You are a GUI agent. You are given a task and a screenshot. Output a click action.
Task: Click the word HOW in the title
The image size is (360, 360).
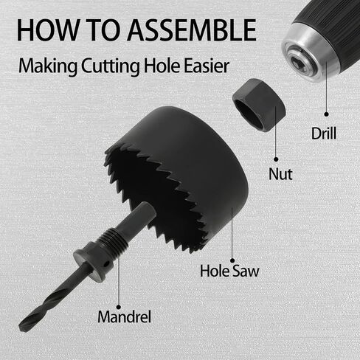[x=47, y=30]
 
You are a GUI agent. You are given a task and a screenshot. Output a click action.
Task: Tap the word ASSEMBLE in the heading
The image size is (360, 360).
[x=192, y=30]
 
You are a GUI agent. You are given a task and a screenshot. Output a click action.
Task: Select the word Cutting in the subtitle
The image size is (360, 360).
[x=111, y=66]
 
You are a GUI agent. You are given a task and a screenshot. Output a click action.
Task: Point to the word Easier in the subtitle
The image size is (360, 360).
[x=207, y=66]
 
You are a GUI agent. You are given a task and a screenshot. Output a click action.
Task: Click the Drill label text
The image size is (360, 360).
[x=324, y=134]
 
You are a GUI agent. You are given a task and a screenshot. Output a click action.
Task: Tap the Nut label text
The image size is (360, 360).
[x=280, y=174]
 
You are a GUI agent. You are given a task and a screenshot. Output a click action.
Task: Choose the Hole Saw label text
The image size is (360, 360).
[x=229, y=271]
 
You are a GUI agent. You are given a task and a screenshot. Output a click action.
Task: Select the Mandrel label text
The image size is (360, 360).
[x=124, y=316]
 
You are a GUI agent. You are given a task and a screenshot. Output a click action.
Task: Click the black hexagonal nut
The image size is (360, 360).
[x=260, y=105]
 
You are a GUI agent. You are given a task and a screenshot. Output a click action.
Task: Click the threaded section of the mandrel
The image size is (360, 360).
[x=114, y=240]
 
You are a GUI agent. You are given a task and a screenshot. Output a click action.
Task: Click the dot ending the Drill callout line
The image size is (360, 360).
[x=326, y=114]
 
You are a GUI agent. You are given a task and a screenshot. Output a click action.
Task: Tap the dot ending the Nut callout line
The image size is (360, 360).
[x=276, y=159]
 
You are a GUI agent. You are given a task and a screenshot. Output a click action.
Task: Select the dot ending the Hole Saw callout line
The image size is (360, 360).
[x=232, y=260]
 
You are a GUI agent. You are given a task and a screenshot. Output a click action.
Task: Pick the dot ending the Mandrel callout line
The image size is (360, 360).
[x=119, y=307]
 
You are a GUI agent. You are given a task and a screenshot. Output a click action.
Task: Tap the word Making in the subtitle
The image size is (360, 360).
[x=48, y=66]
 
